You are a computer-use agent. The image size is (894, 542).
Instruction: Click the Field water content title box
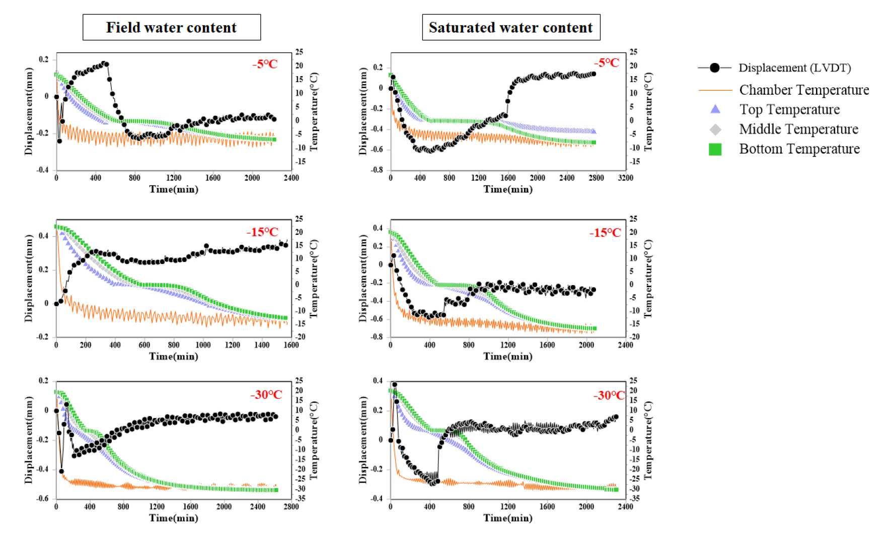coord(171,27)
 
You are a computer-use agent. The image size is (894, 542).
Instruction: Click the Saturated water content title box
coord(510,27)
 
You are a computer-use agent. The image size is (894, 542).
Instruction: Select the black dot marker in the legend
coord(714,67)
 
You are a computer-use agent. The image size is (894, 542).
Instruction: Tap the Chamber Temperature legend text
coord(804,90)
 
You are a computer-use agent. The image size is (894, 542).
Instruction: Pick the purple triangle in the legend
coord(715,109)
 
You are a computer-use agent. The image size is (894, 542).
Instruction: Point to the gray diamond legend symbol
coord(715,129)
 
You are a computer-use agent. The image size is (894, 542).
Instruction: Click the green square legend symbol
coord(715,149)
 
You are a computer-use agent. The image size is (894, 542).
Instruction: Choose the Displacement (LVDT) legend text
coord(794,67)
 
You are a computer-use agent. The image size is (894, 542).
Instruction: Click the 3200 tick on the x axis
coord(626,178)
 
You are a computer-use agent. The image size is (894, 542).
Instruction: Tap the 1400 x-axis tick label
coord(262,345)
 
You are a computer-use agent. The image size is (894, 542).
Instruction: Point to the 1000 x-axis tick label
coord(203,345)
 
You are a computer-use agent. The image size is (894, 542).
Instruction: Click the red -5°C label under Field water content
coord(265,64)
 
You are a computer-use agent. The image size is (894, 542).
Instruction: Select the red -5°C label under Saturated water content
coord(607,63)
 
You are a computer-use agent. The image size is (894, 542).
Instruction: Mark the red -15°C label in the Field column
coord(262,232)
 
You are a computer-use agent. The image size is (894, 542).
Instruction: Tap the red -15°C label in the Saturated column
coord(605,233)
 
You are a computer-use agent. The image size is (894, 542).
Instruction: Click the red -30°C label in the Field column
coord(266,394)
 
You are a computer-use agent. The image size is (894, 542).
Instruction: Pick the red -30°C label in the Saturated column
coord(609,395)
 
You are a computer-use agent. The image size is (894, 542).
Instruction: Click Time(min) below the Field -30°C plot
coord(174,518)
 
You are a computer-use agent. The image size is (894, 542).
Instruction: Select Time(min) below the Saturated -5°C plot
coord(508,189)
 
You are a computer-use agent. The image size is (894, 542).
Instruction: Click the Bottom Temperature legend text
coord(799,149)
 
